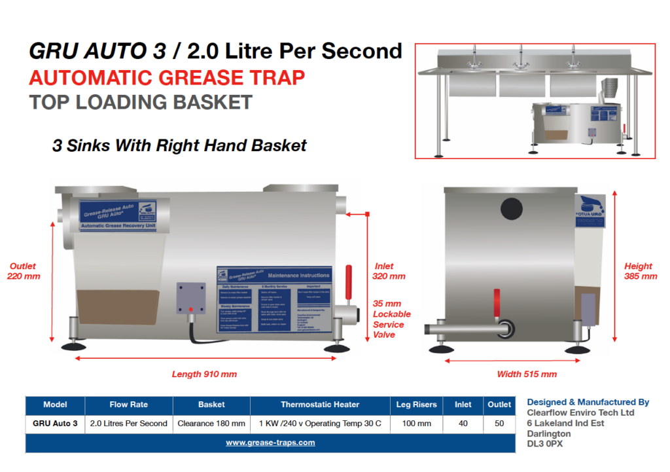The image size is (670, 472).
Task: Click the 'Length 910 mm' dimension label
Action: click(x=204, y=374)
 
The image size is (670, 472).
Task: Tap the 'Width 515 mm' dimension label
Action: click(x=527, y=374)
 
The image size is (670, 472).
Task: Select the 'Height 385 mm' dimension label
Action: click(x=641, y=271)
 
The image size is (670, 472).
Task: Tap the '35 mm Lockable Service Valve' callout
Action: click(x=392, y=319)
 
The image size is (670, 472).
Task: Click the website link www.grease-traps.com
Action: click(x=270, y=443)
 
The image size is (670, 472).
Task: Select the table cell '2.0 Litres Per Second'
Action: click(x=129, y=424)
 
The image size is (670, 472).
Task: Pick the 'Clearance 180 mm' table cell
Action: click(x=211, y=424)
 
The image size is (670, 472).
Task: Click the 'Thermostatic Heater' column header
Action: click(x=320, y=405)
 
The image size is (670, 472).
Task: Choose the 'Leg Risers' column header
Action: click(x=417, y=405)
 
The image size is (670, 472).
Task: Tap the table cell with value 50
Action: click(x=499, y=424)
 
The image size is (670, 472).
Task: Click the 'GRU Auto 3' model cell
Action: click(x=55, y=424)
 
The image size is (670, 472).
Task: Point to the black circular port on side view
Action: click(x=512, y=209)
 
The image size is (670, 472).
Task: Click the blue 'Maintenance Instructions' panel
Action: click(x=275, y=300)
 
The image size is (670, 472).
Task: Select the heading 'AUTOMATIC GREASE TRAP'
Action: click(x=167, y=78)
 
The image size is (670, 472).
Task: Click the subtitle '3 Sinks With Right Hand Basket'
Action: click(x=179, y=145)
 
